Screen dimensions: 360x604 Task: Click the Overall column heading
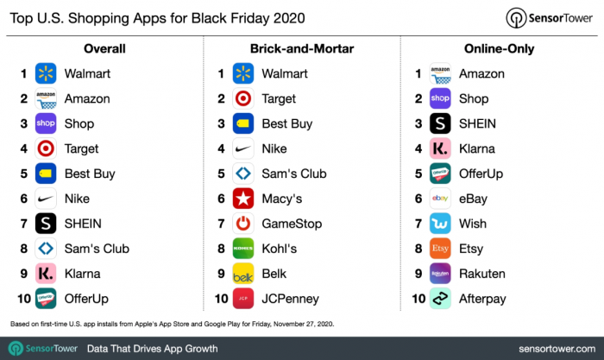(x=104, y=48)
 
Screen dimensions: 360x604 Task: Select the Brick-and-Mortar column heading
(x=302, y=48)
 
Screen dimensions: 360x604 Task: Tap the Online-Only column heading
(x=499, y=48)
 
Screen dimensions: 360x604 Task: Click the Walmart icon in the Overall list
(x=46, y=73)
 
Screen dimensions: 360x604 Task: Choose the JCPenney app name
(x=291, y=299)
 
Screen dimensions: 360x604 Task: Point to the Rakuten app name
(x=483, y=274)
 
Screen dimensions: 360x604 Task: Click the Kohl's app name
(x=279, y=249)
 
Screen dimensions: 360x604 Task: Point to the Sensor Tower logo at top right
(x=550, y=19)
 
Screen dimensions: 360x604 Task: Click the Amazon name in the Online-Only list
(x=482, y=73)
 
